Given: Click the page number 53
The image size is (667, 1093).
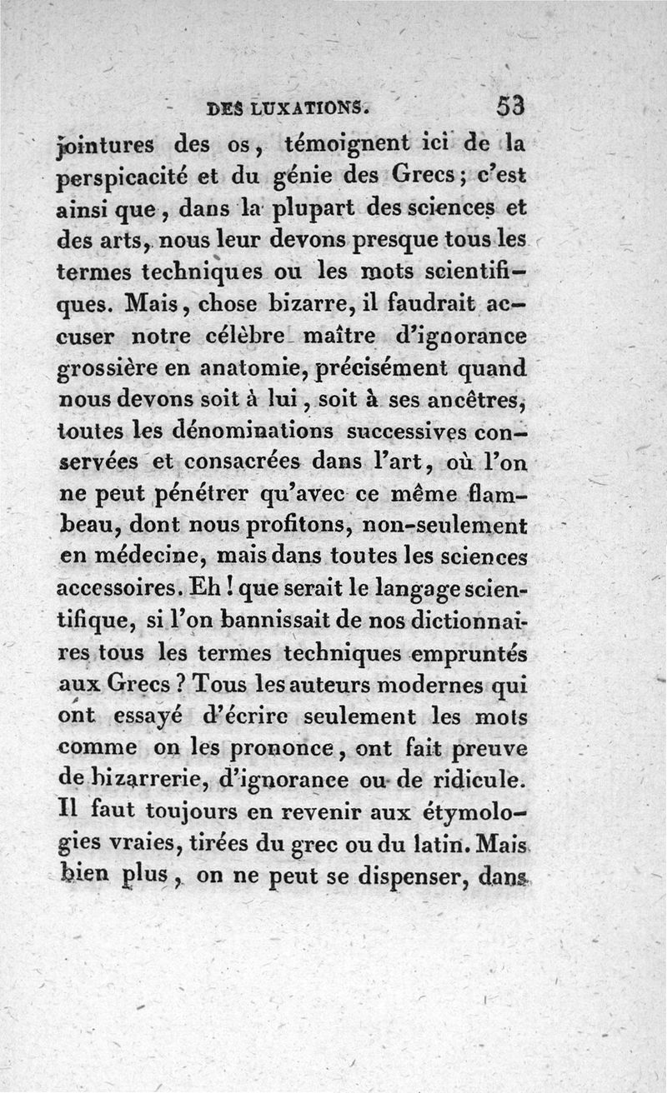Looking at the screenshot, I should (509, 107).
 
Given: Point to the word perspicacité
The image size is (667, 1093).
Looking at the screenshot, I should (122, 179).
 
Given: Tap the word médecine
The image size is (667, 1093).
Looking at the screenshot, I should (144, 558).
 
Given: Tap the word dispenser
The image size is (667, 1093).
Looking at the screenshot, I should (414, 876).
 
